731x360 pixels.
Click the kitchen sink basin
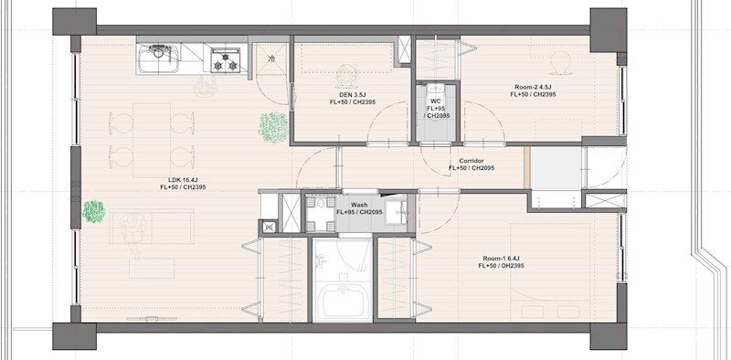(158, 59)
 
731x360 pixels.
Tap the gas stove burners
(226, 60)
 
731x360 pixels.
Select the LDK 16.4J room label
(183, 184)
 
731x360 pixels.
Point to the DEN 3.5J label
(352, 98)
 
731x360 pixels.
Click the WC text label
(436, 101)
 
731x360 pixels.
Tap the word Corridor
(471, 161)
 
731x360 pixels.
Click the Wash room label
(359, 205)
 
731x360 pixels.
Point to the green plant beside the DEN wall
(273, 127)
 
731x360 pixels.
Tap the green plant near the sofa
(94, 212)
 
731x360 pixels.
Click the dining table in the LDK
(152, 141)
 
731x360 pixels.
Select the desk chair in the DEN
(347, 76)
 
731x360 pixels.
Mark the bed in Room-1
(550, 272)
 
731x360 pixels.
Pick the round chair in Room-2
(560, 62)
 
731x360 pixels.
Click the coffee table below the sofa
(152, 269)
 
